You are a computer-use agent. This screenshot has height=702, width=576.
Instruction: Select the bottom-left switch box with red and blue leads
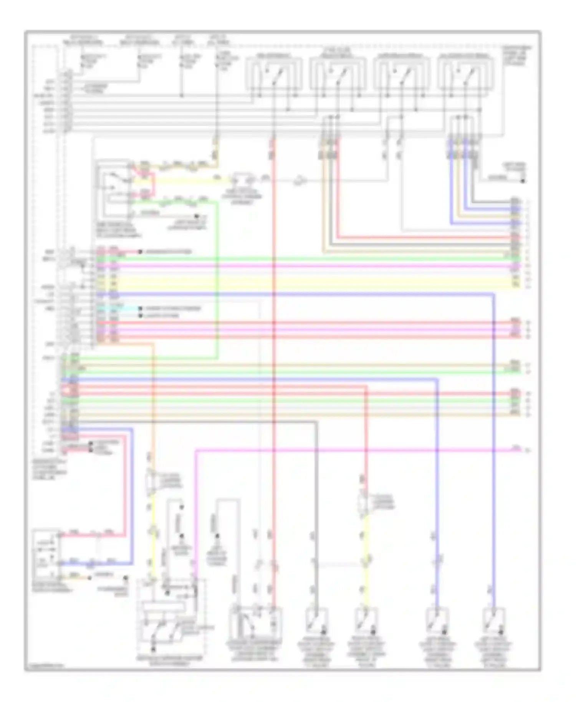[x=46, y=553]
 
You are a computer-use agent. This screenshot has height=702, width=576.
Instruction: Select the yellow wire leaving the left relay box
[x=184, y=180]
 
